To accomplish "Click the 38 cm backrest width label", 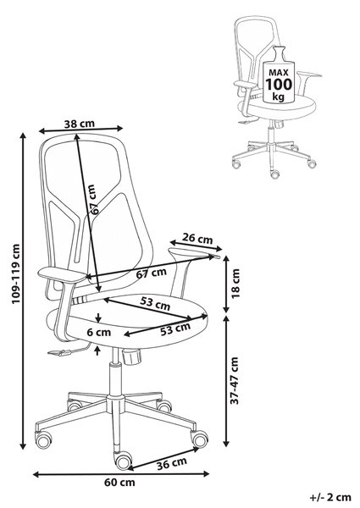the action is [x=79, y=124].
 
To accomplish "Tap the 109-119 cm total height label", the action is [x=16, y=273].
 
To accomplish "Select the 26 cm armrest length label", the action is [x=197, y=239].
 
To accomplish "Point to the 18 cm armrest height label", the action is [x=235, y=283].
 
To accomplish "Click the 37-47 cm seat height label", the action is [x=235, y=380].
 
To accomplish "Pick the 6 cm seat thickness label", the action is [x=99, y=332].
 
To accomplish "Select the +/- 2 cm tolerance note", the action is [x=330, y=497].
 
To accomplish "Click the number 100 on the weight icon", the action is [x=279, y=84].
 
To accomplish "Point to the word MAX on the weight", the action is [x=279, y=72].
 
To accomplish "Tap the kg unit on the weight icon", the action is [x=279, y=97].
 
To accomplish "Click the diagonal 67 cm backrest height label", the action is [x=93, y=200].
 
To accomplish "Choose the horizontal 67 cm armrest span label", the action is [x=151, y=273].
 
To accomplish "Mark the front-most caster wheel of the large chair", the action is [x=124, y=461].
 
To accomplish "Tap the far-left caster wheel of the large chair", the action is [x=43, y=440].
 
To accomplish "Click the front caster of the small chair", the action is [x=274, y=174].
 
